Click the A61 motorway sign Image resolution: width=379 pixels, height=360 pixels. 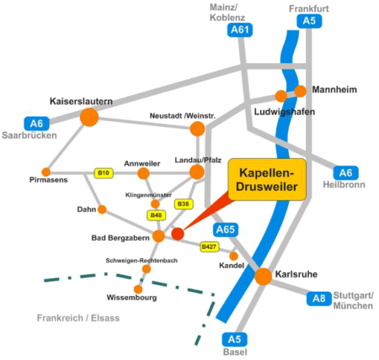tap(240, 29)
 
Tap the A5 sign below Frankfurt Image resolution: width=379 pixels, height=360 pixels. tap(309, 21)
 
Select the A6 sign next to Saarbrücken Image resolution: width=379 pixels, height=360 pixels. tap(37, 124)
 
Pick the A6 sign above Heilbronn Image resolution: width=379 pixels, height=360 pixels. tap(346, 172)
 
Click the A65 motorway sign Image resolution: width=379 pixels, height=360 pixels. tap(226, 230)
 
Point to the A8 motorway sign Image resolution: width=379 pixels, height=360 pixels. tap(319, 299)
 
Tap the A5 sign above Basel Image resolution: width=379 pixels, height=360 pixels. tap(235, 339)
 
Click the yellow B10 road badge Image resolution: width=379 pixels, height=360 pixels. tap(104, 173)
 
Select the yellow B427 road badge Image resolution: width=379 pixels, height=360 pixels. tap(209, 246)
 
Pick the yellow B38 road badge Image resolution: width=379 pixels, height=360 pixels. tap(184, 204)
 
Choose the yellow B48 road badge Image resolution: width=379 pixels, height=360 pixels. tap(156, 215)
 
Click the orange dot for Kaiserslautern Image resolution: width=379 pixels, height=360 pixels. tap(89, 117)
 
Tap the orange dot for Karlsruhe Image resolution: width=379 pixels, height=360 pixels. tap(264, 276)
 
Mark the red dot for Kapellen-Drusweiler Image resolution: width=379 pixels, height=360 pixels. tap(178, 234)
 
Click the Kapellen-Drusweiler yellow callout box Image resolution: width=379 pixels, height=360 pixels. tap(267, 179)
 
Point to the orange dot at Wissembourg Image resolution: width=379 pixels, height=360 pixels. tap(138, 289)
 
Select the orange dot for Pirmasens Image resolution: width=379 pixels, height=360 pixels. tap(46, 172)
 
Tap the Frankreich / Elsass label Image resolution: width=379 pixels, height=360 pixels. tap(78, 318)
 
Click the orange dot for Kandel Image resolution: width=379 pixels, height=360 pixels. tap(233, 256)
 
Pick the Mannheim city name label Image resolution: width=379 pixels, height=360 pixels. tap(334, 90)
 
